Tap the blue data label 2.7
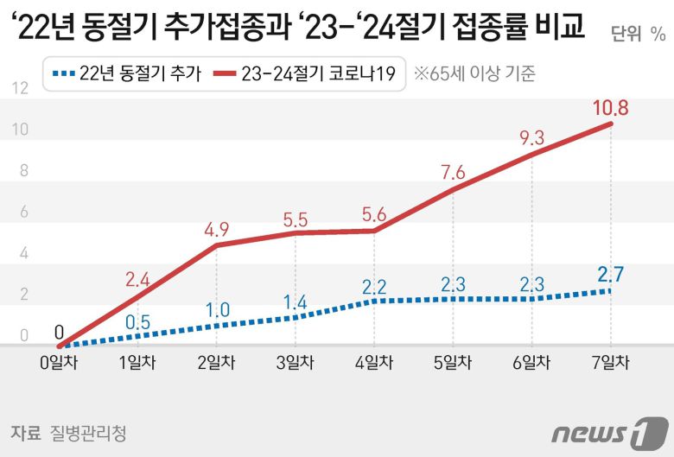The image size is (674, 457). coord(610,276)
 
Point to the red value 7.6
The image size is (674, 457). coord(453,172)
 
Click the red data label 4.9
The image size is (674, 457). coord(217,230)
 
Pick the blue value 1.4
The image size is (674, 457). coord(296,301)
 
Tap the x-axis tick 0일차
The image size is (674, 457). coord(59,363)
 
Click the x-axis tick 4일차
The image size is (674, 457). coord(374,363)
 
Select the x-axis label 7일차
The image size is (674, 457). coord(610,363)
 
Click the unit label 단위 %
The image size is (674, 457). coord(638,35)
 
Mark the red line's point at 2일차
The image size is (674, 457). coord(217,245)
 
